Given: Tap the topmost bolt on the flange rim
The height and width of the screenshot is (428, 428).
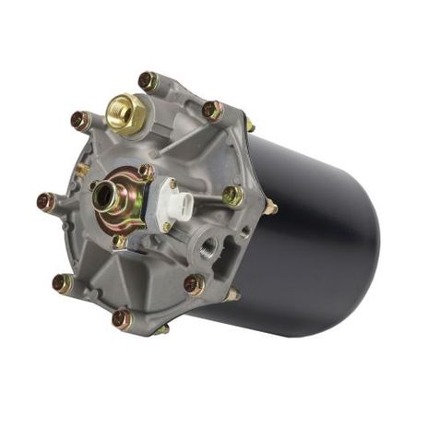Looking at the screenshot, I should point(147,80).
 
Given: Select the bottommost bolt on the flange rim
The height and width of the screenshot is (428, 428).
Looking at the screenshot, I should point(121,318).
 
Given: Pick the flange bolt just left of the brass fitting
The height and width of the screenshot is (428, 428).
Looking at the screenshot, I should point(81,120).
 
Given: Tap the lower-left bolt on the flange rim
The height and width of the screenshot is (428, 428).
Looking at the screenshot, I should point(62,282).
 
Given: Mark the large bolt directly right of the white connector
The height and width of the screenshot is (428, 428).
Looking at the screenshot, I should point(233,196).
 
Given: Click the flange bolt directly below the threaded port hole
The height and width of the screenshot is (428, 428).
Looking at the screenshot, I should point(194,284).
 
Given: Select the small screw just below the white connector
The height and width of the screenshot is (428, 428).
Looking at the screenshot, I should point(166,226).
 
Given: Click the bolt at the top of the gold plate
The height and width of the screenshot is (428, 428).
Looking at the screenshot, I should point(145,172).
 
